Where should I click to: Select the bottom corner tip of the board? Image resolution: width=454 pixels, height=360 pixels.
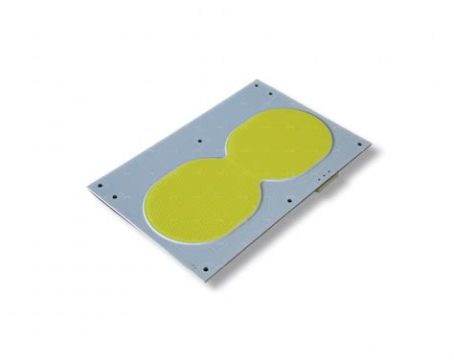pos(211,279)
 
